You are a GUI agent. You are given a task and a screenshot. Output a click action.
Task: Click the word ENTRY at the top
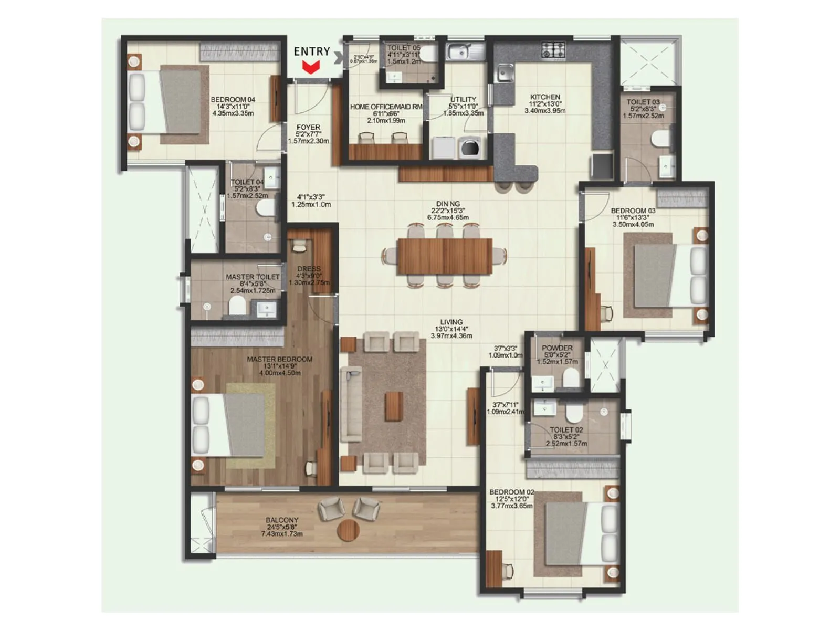pyautogui.click(x=312, y=51)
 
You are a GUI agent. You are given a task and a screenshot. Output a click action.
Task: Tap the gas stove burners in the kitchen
pyautogui.click(x=553, y=50)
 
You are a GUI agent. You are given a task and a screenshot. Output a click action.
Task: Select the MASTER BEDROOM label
pyautogui.click(x=279, y=360)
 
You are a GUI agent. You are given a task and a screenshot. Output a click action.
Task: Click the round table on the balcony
pyautogui.click(x=348, y=530)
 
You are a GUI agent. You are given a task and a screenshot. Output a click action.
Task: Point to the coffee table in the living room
pyautogui.click(x=394, y=406)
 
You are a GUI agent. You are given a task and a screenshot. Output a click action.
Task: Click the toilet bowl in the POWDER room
pyautogui.click(x=570, y=377)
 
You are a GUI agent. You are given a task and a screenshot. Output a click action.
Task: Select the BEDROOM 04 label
pyautogui.click(x=233, y=100)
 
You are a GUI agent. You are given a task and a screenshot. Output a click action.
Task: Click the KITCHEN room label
pyautogui.click(x=545, y=97)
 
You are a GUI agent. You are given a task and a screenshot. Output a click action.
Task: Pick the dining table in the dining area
pyautogui.click(x=445, y=256)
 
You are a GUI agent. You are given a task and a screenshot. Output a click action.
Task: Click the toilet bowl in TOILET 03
pyautogui.click(x=660, y=139)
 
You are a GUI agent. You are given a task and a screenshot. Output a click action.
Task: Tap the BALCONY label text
pyautogui.click(x=282, y=520)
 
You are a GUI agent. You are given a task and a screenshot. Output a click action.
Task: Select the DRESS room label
pyautogui.click(x=309, y=269)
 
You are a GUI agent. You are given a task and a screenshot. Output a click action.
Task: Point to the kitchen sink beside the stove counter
pyautogui.click(x=506, y=73)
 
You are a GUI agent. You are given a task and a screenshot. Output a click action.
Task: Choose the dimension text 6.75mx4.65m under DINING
pyautogui.click(x=448, y=217)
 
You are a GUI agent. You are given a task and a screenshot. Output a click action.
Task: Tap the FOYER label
pyautogui.click(x=308, y=128)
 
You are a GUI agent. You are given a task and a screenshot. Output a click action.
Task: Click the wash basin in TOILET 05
pyautogui.click(x=394, y=78)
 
